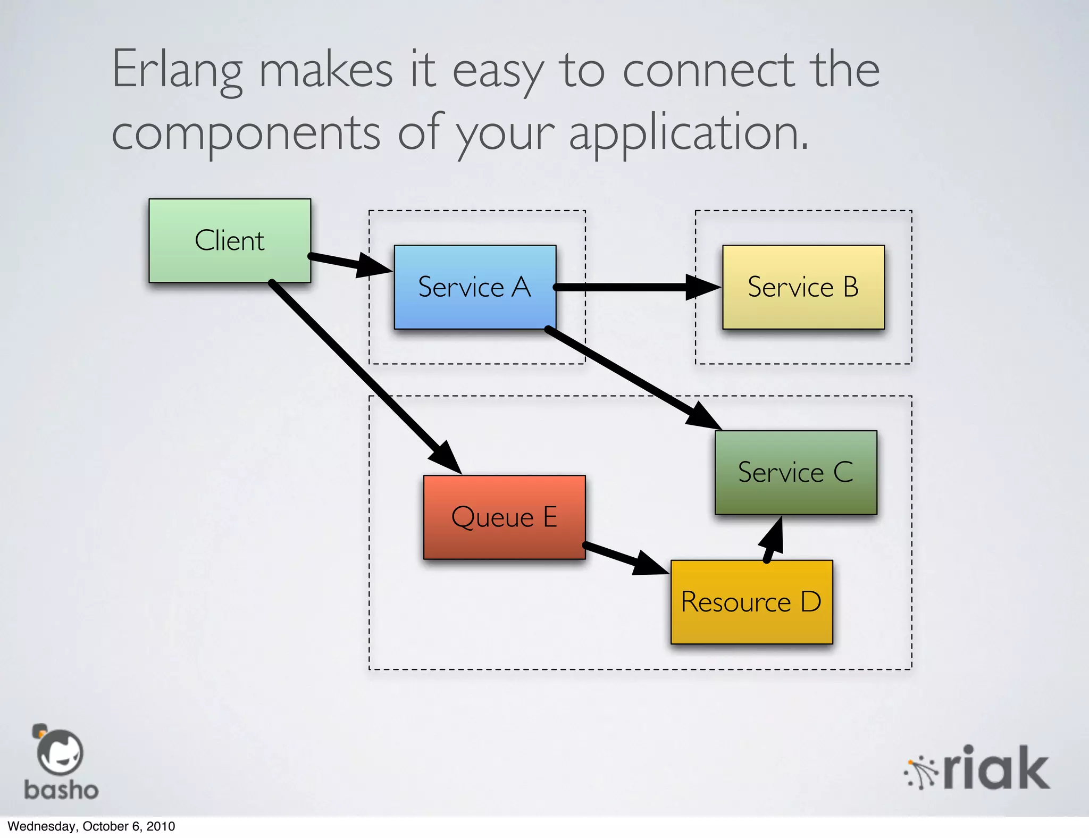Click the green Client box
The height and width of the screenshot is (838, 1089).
pyautogui.click(x=230, y=240)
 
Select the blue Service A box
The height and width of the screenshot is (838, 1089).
pyautogui.click(x=475, y=287)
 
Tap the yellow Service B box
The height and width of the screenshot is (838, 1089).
pyautogui.click(x=803, y=287)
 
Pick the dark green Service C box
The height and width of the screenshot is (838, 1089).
pyautogui.click(x=795, y=472)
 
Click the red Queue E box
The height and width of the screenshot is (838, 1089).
pyautogui.click(x=504, y=517)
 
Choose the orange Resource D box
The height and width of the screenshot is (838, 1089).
pyautogui.click(x=751, y=602)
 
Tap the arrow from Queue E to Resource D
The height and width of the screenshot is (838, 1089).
pyautogui.click(x=622, y=557)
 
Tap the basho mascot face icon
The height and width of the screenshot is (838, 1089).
pyautogui.click(x=60, y=751)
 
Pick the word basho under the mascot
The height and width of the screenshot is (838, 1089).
pyautogui.click(x=61, y=790)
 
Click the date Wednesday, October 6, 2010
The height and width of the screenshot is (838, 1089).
pyautogui.click(x=91, y=826)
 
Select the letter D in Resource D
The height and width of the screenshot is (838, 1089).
pyautogui.click(x=811, y=602)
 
